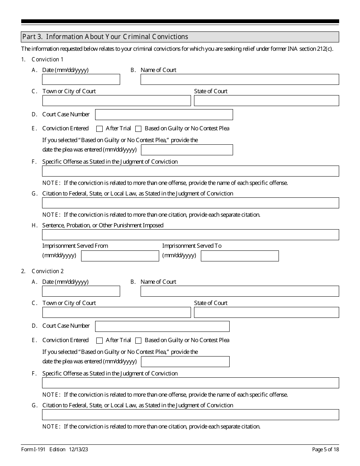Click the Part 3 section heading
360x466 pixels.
pyautogui.click(x=105, y=37)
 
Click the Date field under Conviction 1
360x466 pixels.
pyautogui.click(x=81, y=80)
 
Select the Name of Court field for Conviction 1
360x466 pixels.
pyautogui.click(x=239, y=80)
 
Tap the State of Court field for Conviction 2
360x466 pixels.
pyautogui.click(x=266, y=313)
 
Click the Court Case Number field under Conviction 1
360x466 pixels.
pyautogui.click(x=164, y=114)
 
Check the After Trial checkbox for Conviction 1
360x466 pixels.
pyautogui.click(x=100, y=129)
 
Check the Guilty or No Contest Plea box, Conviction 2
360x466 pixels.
pyautogui.click(x=138, y=341)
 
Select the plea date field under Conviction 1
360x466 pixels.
pyautogui.click(x=187, y=150)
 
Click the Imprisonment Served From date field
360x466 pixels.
pyautogui.click(x=120, y=256)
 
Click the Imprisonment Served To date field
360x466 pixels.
pyautogui.click(x=239, y=256)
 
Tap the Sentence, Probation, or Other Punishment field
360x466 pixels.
pyautogui.click(x=191, y=235)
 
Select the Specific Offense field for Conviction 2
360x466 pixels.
pyautogui.click(x=191, y=383)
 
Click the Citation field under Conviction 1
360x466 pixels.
pyautogui.click(x=191, y=203)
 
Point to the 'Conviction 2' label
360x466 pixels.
pyautogui.click(x=48, y=271)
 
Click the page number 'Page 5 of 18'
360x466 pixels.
pyautogui.click(x=326, y=449)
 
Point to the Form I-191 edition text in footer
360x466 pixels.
pyautogui.click(x=55, y=449)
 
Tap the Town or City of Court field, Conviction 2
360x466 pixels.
pyautogui.click(x=116, y=313)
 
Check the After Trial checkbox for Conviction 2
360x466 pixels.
pyautogui.click(x=100, y=341)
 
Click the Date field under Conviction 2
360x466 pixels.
pyautogui.click(x=81, y=291)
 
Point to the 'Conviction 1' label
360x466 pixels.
pyautogui.click(x=48, y=59)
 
